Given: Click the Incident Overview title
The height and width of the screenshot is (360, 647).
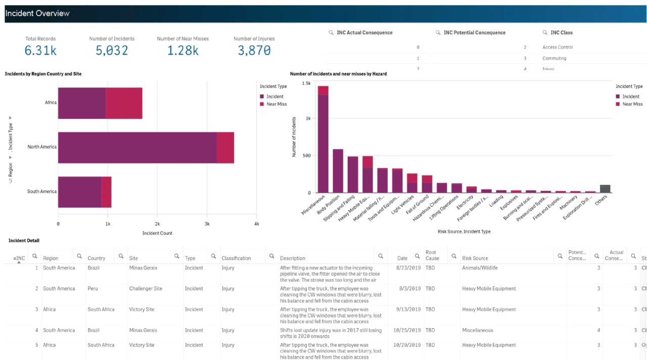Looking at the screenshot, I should (x=37, y=13).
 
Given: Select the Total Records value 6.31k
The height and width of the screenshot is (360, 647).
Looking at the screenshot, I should (x=40, y=50).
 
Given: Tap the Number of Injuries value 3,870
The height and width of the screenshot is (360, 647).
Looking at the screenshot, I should (x=254, y=50).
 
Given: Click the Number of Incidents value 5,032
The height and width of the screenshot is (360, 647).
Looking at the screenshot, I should (x=112, y=50).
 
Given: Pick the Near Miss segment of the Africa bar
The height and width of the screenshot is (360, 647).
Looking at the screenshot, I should (x=124, y=103).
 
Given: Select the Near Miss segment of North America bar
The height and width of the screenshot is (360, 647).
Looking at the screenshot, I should (x=225, y=147).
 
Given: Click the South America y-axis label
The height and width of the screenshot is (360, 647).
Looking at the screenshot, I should (x=42, y=192).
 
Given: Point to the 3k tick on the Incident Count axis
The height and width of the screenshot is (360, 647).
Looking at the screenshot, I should (x=207, y=223).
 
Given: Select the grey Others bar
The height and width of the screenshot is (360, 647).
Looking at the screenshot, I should (x=605, y=189).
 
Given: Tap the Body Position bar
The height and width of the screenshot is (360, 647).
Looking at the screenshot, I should (x=338, y=171).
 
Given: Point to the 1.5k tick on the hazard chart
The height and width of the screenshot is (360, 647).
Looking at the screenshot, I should (x=306, y=83).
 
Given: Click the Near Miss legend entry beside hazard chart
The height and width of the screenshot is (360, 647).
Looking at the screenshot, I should (x=631, y=104).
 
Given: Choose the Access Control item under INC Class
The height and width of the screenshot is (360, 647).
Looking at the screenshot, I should (x=558, y=47).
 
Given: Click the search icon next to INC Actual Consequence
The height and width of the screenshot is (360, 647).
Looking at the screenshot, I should (x=331, y=32).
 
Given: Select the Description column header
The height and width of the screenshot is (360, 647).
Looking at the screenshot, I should (x=293, y=258).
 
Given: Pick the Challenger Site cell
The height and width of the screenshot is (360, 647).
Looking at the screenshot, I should (x=146, y=289).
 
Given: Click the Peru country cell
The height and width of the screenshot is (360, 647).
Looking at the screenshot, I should (x=93, y=289).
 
